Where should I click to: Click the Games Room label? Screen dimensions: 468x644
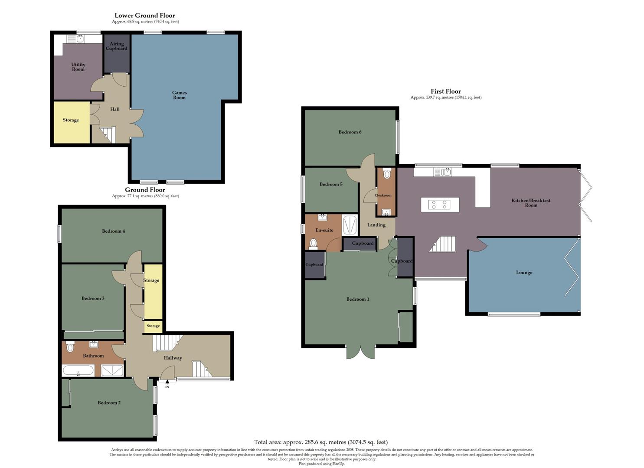click(x=179, y=95)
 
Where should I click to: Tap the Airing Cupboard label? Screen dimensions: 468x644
click(x=117, y=46)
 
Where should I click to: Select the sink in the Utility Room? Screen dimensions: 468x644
click(x=80, y=39)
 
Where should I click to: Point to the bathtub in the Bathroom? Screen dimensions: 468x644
click(x=78, y=370)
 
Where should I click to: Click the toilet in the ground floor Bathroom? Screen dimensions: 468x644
click(x=70, y=347)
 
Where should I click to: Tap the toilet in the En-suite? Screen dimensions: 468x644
click(x=313, y=244)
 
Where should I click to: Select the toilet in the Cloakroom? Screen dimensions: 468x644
click(x=387, y=174)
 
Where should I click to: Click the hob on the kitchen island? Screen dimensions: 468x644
click(x=439, y=205)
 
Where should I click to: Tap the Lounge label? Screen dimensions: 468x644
click(x=524, y=273)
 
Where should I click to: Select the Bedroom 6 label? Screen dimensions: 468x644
click(x=350, y=132)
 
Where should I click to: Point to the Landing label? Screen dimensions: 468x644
click(x=376, y=225)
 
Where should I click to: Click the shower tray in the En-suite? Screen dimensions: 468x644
click(x=350, y=225)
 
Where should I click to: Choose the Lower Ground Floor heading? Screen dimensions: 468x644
click(x=145, y=16)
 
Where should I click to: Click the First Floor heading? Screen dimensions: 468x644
click(x=445, y=91)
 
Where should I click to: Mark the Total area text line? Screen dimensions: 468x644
click(x=321, y=442)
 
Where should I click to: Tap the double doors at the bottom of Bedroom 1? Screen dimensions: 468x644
click(x=360, y=352)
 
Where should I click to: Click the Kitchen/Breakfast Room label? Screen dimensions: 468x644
click(x=531, y=203)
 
